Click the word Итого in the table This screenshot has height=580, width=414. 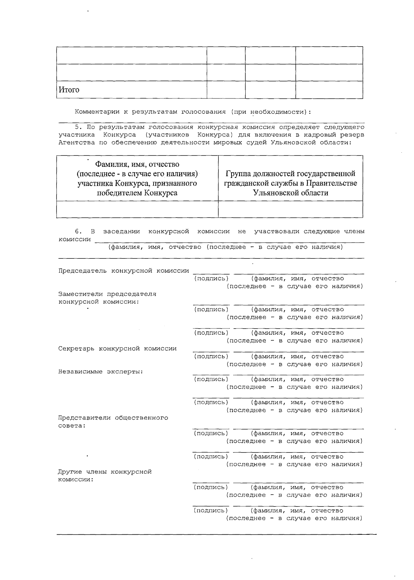point(69,90)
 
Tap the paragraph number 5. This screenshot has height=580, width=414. point(77,127)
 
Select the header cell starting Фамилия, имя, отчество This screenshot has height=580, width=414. point(137,178)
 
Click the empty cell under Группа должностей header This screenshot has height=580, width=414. point(290,209)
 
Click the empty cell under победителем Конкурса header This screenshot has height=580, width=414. point(137,209)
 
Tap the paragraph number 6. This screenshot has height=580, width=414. point(77,231)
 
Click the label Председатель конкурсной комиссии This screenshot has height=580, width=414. point(124,271)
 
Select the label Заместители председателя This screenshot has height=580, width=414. point(107,294)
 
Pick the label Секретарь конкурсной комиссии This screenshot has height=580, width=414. point(117,349)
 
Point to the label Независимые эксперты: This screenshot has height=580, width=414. point(101,372)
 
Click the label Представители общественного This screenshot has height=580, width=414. point(113,418)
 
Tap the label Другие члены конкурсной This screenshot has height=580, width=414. point(105,472)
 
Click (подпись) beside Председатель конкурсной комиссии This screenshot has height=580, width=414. point(211,278)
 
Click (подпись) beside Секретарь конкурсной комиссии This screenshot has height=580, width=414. point(211,356)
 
